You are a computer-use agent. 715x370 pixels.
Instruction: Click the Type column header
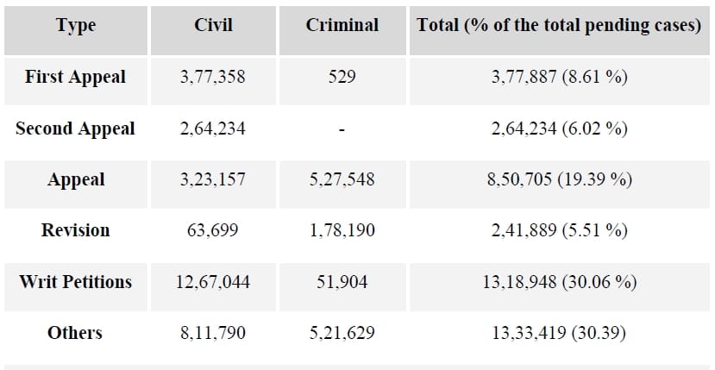76,25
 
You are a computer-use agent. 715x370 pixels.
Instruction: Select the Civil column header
213,25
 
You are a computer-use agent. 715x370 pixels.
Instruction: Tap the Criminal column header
342,25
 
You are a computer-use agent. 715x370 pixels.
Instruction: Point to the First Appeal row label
75,77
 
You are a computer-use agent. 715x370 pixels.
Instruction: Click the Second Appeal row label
75,129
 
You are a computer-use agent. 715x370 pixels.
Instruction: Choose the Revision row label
76,230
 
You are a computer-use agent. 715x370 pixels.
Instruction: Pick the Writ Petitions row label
76,281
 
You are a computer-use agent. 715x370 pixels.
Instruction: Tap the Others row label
75,333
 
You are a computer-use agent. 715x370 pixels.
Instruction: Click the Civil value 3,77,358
213,77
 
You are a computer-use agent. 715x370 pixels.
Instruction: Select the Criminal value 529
342,77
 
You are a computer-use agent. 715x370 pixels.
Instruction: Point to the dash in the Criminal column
342,130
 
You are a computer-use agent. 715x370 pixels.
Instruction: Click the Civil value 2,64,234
213,129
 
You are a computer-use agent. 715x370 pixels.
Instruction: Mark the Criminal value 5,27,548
342,179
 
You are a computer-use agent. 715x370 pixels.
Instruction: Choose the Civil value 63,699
213,230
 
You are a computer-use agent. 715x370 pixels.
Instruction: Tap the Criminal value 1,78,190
342,230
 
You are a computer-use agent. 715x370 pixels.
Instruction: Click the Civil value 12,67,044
213,282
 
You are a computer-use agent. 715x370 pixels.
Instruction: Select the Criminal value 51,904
342,282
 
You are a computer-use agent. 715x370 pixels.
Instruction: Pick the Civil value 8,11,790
213,333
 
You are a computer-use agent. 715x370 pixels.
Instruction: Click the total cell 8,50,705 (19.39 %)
560,179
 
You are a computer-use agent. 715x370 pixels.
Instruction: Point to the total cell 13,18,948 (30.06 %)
560,282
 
